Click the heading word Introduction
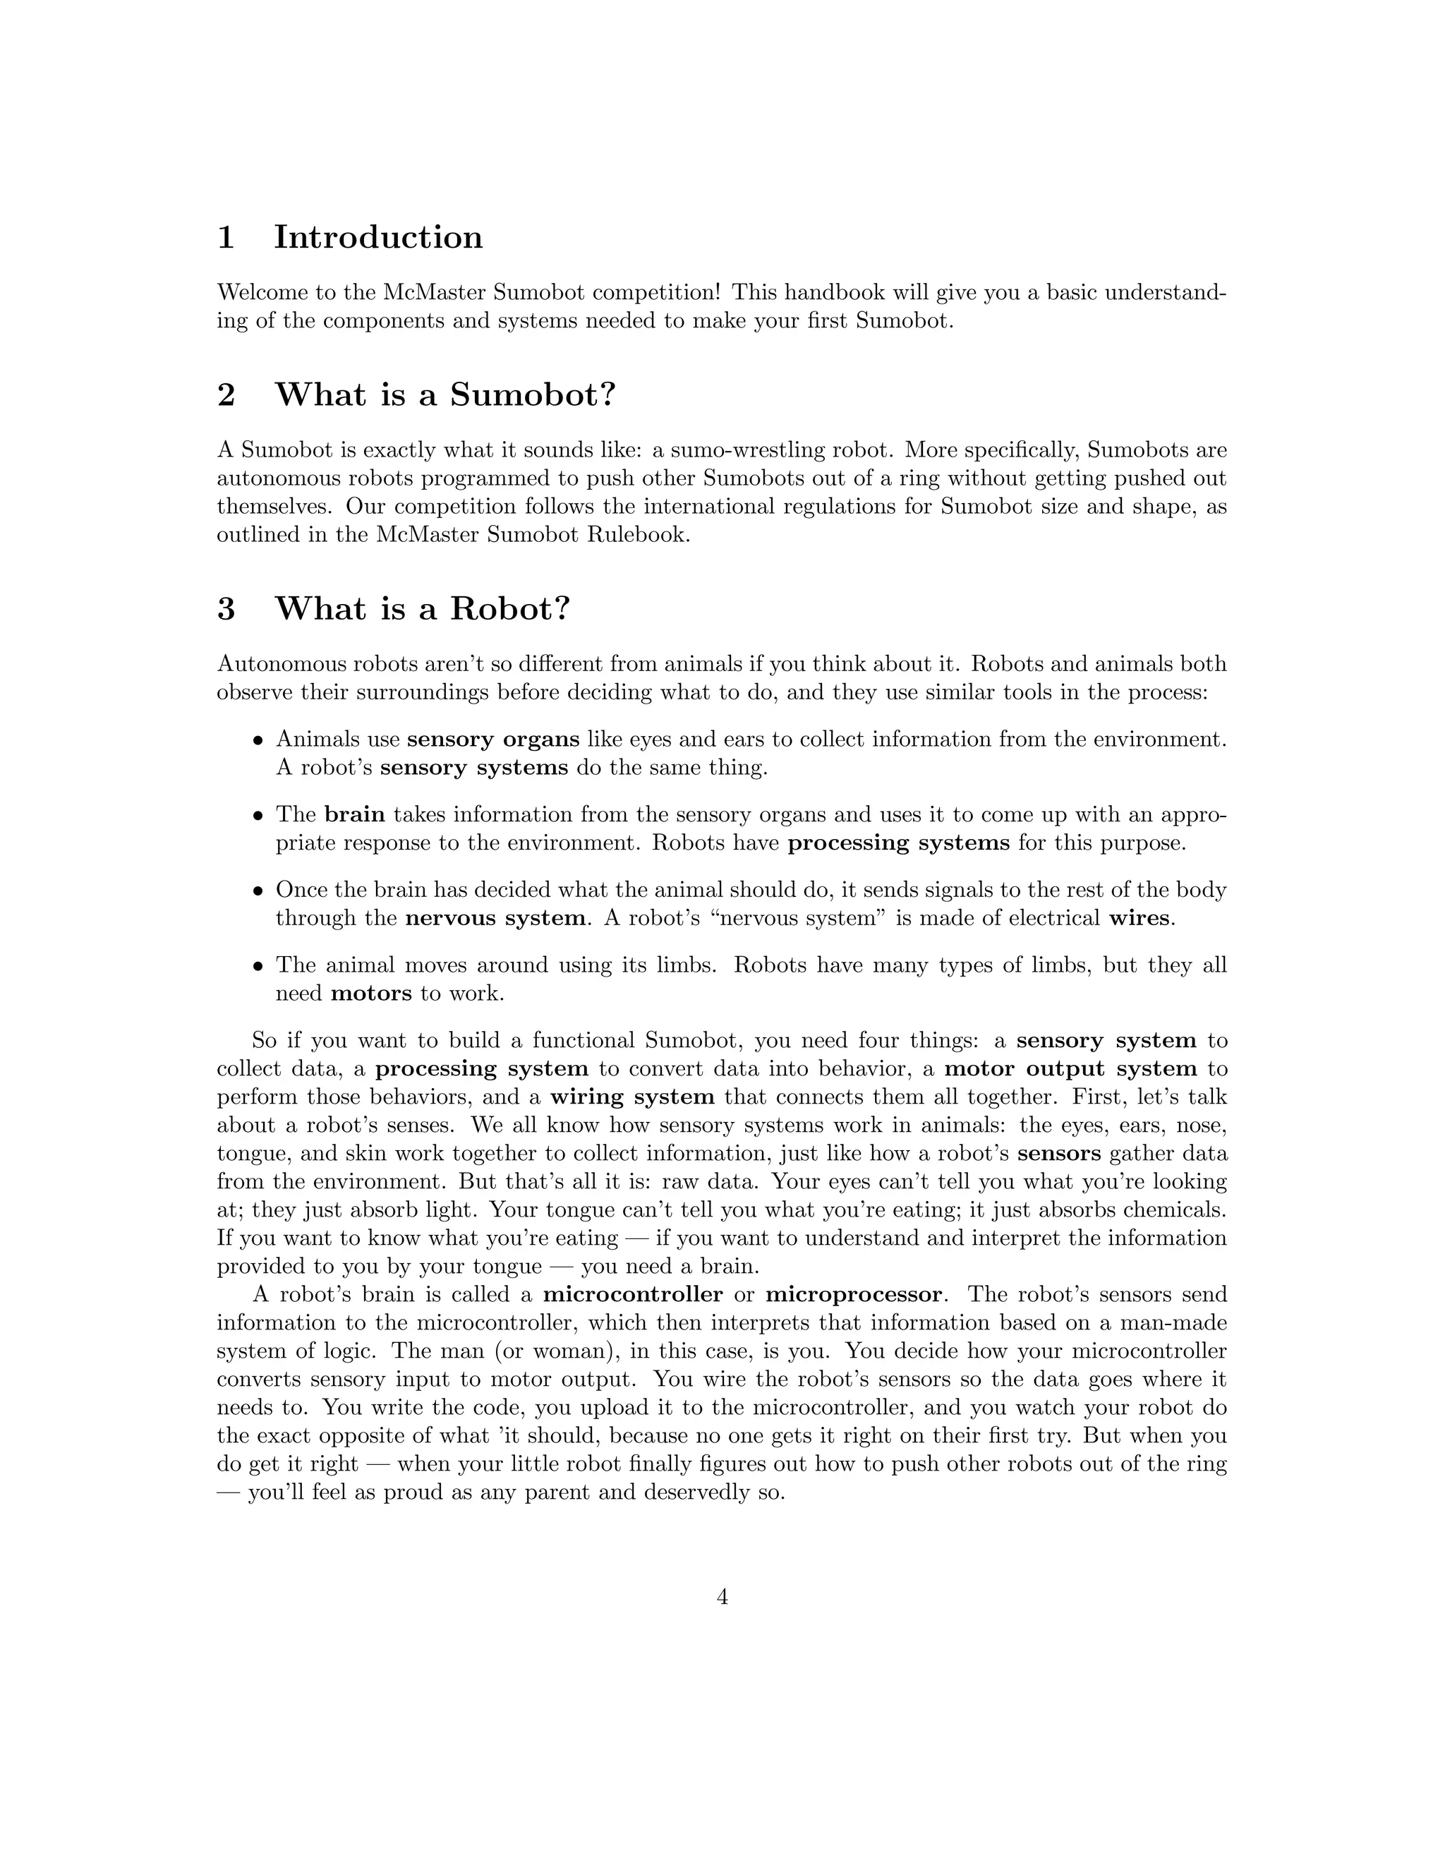tap(377, 237)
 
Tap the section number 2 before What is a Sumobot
tap(226, 394)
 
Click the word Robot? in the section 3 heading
tap(510, 609)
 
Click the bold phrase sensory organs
tap(493, 739)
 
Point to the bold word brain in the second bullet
tap(354, 814)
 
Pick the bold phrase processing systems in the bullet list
tap(899, 843)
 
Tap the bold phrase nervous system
tap(495, 918)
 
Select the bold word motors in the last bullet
tap(370, 994)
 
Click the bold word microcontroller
tap(633, 1293)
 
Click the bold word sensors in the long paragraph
tap(1059, 1153)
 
